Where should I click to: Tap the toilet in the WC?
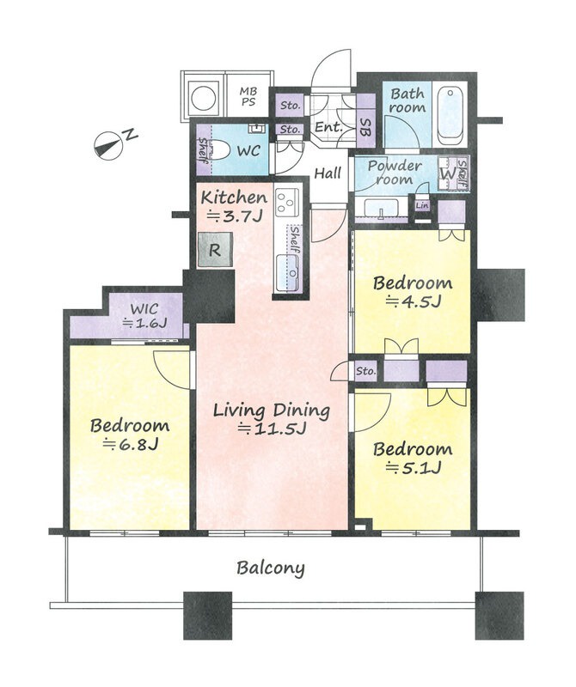point(219,151)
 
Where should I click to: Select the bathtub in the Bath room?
point(450,117)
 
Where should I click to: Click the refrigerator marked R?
point(215,250)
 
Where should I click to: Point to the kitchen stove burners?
point(287,202)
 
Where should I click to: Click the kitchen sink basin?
point(288,273)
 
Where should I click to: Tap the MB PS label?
point(248,96)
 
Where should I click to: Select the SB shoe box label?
point(365,127)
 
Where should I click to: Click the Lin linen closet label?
point(422,205)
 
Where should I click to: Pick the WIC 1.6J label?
point(144,315)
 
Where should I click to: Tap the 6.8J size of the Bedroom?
point(130,444)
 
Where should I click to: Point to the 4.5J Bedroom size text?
point(413,301)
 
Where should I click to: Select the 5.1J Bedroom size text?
point(413,468)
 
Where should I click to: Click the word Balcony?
point(271,568)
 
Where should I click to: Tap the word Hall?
point(328,173)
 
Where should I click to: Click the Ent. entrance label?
point(329,127)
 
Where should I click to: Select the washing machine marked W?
point(447,173)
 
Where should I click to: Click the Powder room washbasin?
point(381,208)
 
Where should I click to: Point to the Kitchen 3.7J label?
point(234,206)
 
